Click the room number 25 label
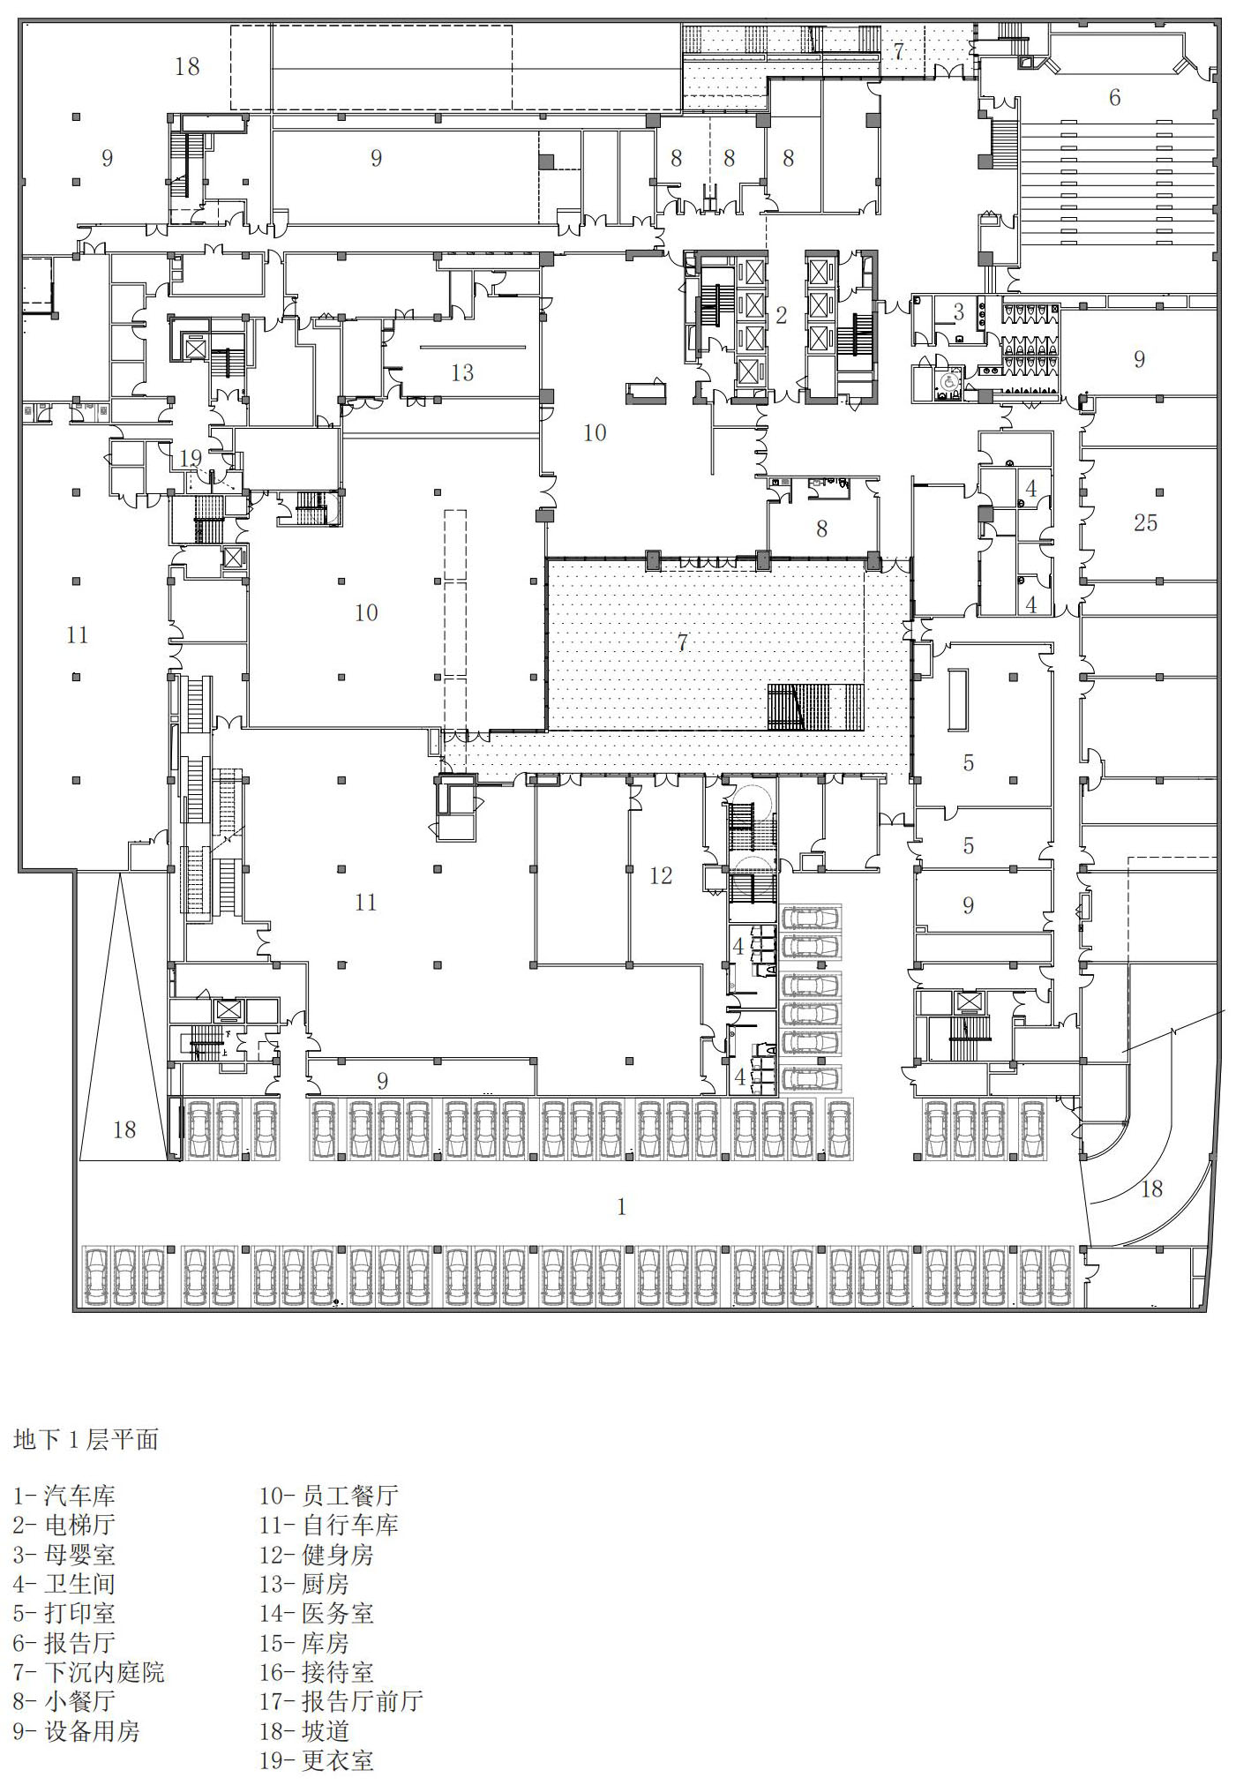pyautogui.click(x=1145, y=523)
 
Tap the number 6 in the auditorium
pyautogui.click(x=1114, y=98)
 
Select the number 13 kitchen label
pyautogui.click(x=462, y=373)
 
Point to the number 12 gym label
pyautogui.click(x=660, y=876)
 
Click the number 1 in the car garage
pyautogui.click(x=621, y=1207)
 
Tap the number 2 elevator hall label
pyautogui.click(x=781, y=315)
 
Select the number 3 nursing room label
pyautogui.click(x=958, y=312)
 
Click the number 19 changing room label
pyautogui.click(x=191, y=459)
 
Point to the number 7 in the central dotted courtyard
pyautogui.click(x=682, y=642)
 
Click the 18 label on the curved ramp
pyautogui.click(x=1151, y=1189)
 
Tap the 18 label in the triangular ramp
pyautogui.click(x=124, y=1130)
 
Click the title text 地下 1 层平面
pyautogui.click(x=86, y=1440)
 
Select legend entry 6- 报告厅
pyautogui.click(x=64, y=1643)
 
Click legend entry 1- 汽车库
pyautogui.click(x=64, y=1496)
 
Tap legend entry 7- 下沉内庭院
pyautogui.click(x=88, y=1672)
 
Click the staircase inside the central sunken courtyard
pyautogui.click(x=814, y=707)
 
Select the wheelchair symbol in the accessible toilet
pyautogui.click(x=948, y=383)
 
